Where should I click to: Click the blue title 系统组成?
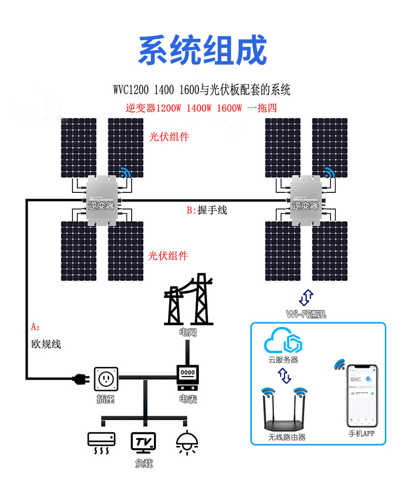click(x=202, y=50)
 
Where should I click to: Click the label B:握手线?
click(x=207, y=210)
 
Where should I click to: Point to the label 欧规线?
click(x=46, y=344)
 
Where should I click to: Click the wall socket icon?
click(x=106, y=378)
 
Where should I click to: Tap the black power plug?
click(x=80, y=378)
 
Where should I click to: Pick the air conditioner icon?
click(x=101, y=441)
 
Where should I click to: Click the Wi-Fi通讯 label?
click(x=306, y=314)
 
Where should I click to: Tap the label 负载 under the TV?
click(x=144, y=463)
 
